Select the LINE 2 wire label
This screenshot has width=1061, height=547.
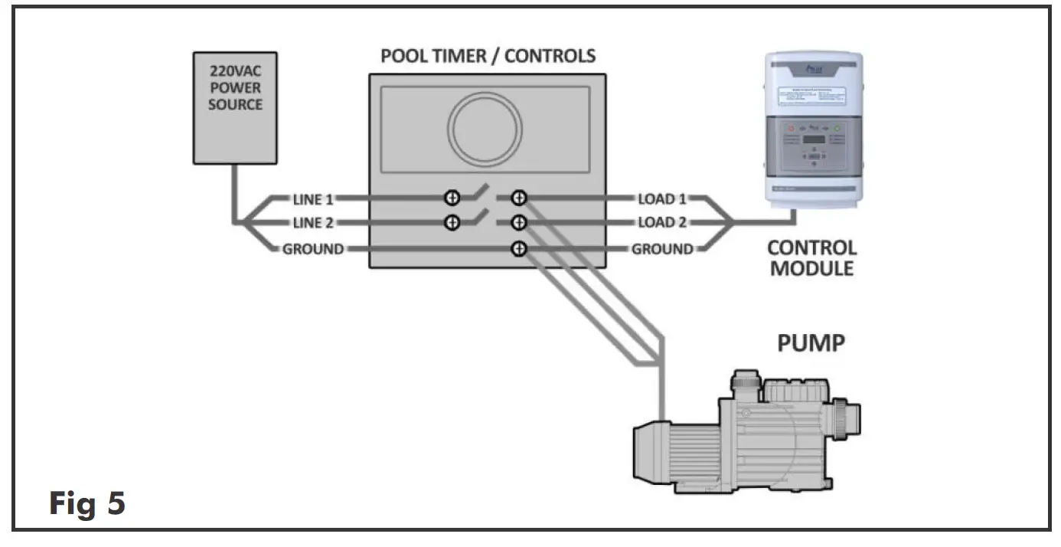[x=313, y=223]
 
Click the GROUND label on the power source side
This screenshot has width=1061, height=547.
[x=313, y=249]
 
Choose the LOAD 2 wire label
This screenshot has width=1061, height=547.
[x=662, y=223]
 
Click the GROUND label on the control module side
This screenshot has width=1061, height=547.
[x=662, y=249]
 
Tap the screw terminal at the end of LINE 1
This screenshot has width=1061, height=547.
[x=452, y=198]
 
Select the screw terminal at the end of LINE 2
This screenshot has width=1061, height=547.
[x=452, y=223]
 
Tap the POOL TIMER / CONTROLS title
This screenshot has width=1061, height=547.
[x=488, y=56]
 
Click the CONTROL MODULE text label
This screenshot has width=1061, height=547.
[x=811, y=258]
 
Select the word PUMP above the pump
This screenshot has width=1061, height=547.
[x=811, y=342]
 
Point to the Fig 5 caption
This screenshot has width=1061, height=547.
[x=87, y=504]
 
